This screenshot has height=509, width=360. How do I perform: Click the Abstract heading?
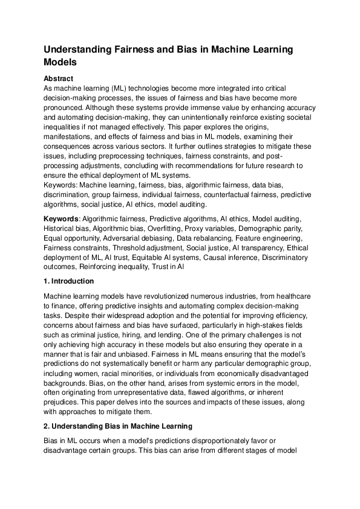pyautogui.click(x=59, y=79)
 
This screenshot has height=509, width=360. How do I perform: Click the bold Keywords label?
pyautogui.click(x=61, y=216)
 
